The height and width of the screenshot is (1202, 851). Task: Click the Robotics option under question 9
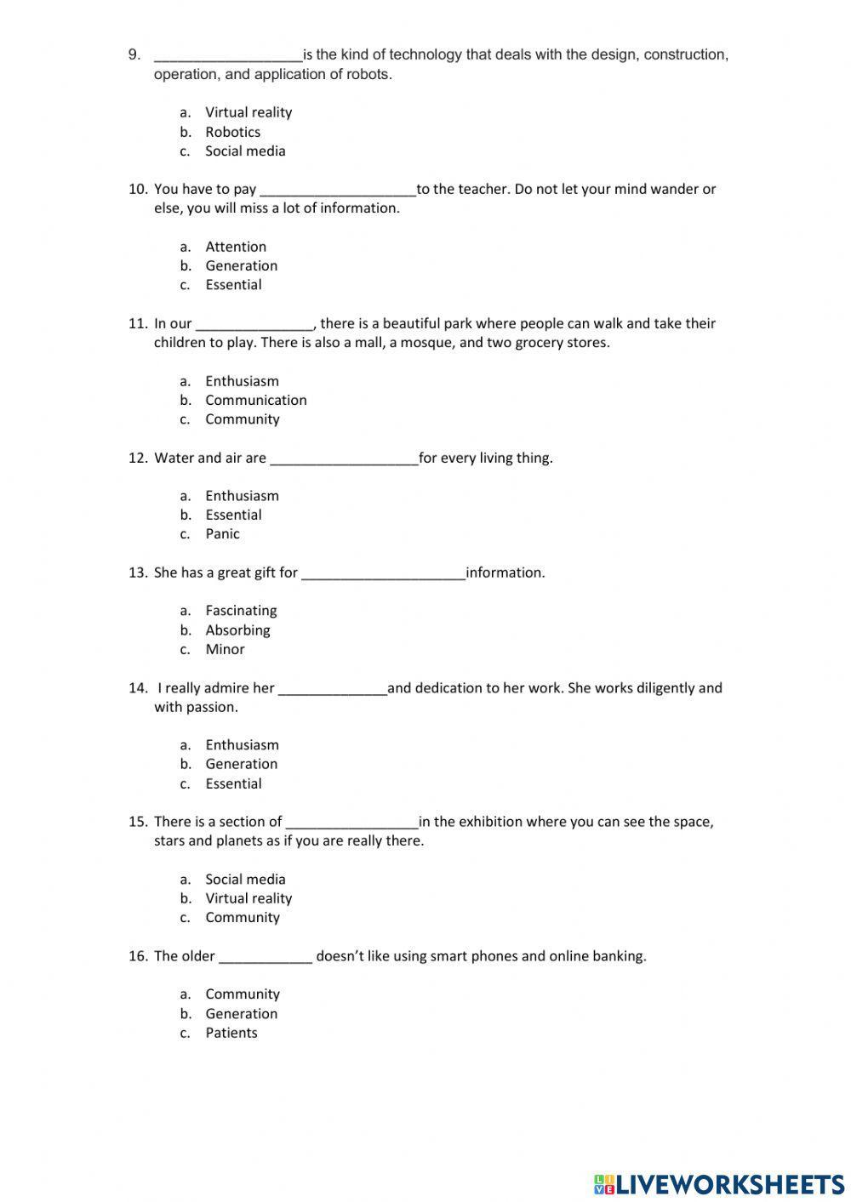[232, 132]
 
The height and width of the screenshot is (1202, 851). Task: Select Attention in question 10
[236, 247]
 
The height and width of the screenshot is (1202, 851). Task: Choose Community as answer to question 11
[242, 419]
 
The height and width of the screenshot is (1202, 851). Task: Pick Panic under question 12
[222, 534]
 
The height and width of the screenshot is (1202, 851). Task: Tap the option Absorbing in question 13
[237, 630]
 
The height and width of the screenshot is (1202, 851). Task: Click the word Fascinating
[241, 611]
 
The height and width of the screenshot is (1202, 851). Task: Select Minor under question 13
[225, 649]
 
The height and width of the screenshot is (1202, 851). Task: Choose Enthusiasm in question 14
[242, 745]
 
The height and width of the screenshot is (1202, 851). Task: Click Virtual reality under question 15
[248, 898]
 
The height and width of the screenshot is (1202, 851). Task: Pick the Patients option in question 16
[231, 1033]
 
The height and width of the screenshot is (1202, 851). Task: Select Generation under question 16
[241, 1014]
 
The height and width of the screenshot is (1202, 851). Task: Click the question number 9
[134, 54]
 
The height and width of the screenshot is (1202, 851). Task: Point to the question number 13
[138, 573]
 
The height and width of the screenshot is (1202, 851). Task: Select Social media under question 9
[245, 151]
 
